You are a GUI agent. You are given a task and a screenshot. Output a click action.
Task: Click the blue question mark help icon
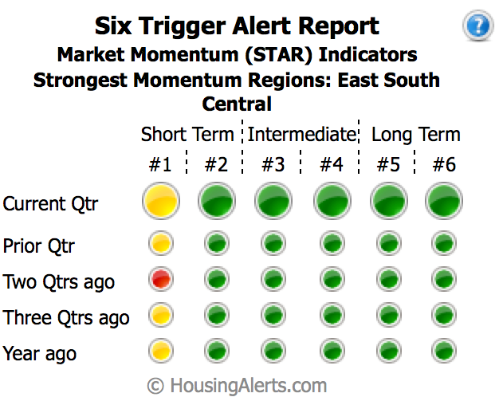[x=477, y=26]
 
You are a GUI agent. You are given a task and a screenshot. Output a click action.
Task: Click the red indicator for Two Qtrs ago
[x=160, y=279]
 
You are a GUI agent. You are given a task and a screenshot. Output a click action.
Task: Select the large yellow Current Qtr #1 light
[x=160, y=202]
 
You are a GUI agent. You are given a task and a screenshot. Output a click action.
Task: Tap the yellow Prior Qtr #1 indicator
[x=160, y=243]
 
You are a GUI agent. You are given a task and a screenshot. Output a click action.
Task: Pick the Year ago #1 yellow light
[x=160, y=350]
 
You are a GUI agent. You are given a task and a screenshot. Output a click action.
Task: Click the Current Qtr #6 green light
[x=443, y=202]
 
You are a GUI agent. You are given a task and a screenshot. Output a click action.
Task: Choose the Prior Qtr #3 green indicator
[x=273, y=243]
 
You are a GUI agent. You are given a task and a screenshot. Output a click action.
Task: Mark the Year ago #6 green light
[x=443, y=350]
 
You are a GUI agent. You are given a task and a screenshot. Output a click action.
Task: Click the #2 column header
[x=216, y=165]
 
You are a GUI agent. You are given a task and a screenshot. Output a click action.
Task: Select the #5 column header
[x=387, y=165]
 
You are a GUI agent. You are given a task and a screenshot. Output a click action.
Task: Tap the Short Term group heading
[x=187, y=134]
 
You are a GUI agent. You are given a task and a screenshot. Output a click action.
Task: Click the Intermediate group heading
[x=301, y=134]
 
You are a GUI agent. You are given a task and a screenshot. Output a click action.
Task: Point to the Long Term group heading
[x=415, y=134]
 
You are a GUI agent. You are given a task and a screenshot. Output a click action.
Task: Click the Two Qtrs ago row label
[x=59, y=281]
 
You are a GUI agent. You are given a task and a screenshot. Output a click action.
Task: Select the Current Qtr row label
[x=50, y=203]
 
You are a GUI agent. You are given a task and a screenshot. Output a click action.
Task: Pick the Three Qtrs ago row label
[x=66, y=317]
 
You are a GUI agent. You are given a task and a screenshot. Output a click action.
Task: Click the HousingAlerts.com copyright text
[x=238, y=385]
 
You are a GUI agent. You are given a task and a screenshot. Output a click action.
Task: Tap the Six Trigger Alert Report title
[x=237, y=26]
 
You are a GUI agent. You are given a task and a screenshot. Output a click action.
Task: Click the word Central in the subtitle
[x=237, y=104]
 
